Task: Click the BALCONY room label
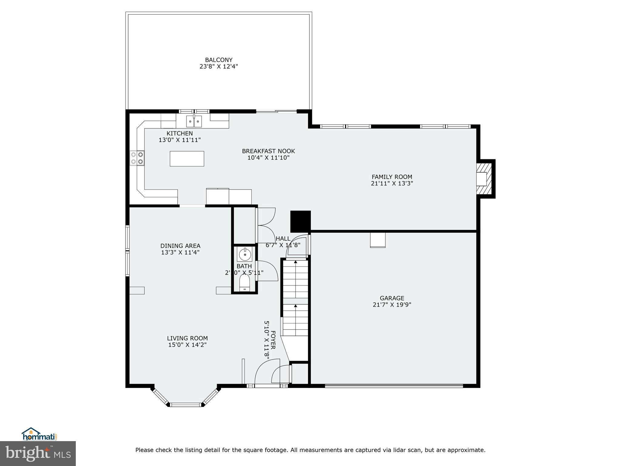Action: (x=218, y=60)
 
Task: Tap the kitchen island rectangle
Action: (x=187, y=159)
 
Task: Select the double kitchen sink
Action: (x=194, y=122)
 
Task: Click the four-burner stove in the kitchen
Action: (x=137, y=158)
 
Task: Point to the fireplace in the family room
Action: (x=484, y=179)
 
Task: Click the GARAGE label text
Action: (x=392, y=298)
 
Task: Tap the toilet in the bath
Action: (x=244, y=284)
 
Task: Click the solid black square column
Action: (x=300, y=221)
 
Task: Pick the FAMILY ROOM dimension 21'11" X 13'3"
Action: (x=392, y=184)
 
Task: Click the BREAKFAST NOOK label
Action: (x=268, y=151)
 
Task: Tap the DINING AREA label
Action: (x=180, y=246)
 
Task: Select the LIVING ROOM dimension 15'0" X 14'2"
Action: (x=187, y=345)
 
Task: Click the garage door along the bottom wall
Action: (x=394, y=386)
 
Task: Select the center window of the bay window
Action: (x=186, y=404)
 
